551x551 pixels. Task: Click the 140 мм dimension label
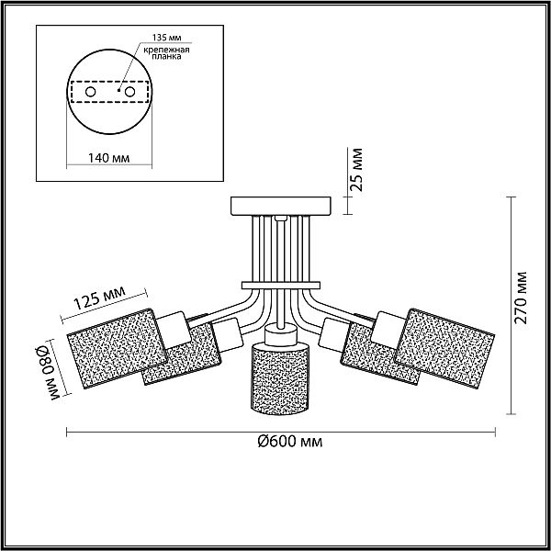(x=108, y=158)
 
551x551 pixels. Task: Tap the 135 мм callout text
(x=166, y=38)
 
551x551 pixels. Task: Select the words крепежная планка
(x=166, y=52)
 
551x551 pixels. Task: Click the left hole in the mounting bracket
(x=91, y=92)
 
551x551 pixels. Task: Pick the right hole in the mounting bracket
(x=129, y=92)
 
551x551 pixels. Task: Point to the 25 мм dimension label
(x=358, y=170)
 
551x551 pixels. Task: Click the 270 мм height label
(x=521, y=298)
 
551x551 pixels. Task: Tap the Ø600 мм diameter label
(x=289, y=442)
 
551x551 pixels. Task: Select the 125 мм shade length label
(x=99, y=298)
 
